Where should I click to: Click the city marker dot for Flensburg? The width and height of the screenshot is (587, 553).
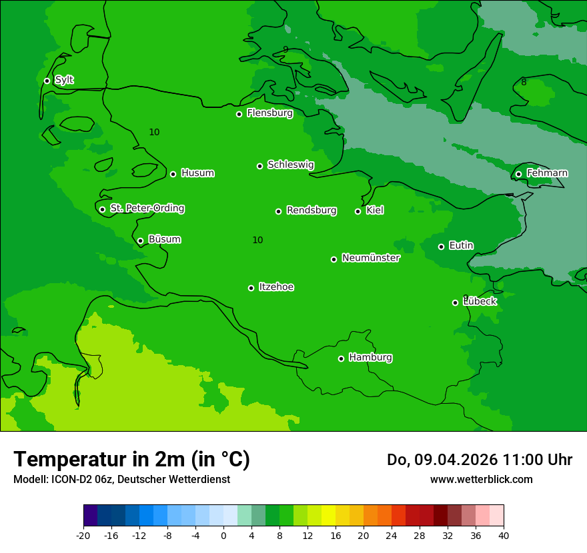(x=239, y=114)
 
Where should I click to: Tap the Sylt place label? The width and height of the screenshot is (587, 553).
(x=64, y=80)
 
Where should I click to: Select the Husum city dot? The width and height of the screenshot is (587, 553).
(x=173, y=174)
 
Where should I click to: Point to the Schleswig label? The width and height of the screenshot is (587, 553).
(x=290, y=165)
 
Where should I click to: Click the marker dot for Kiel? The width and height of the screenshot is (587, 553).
(x=358, y=211)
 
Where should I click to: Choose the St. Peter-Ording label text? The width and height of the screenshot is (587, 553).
(x=147, y=209)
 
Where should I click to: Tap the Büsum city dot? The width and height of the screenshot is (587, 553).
(x=140, y=241)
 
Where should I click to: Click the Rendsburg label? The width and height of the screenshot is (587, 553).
(x=312, y=211)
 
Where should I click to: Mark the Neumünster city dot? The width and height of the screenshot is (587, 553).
(x=334, y=259)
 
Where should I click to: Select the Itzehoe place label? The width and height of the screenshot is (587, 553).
(x=276, y=287)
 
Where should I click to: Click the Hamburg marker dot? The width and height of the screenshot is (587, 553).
(x=341, y=358)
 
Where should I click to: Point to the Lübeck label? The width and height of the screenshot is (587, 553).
(x=480, y=301)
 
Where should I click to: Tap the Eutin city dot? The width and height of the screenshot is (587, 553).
(x=441, y=247)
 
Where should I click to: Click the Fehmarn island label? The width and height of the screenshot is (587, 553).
(x=547, y=173)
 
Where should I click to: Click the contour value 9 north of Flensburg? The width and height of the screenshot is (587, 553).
(x=285, y=49)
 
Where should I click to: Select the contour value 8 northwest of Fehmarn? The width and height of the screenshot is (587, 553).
(x=524, y=82)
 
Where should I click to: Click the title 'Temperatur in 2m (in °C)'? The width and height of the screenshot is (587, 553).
(x=131, y=459)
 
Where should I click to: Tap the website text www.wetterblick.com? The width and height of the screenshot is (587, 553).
(x=481, y=479)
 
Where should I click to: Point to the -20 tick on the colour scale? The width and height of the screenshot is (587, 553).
(x=83, y=535)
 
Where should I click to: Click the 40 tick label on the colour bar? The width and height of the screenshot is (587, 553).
(x=504, y=535)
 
